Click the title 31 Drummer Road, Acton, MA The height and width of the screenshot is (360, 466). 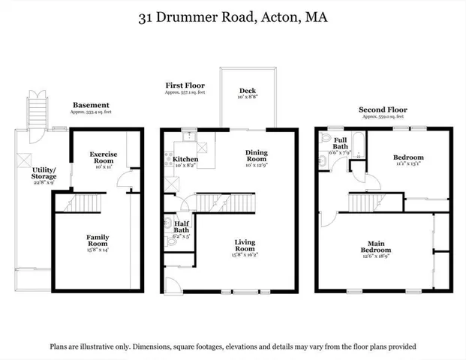tap(233, 17)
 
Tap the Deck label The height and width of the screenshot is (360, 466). tap(248, 91)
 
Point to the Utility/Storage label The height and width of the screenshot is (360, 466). tap(32, 175)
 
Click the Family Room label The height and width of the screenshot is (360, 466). tap(97, 241)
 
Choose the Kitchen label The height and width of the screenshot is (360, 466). tap(186, 159)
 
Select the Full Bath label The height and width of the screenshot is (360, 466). tap(340, 142)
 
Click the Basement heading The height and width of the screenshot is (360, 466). tap(91, 105)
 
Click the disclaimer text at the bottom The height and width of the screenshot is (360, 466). tap(233, 346)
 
